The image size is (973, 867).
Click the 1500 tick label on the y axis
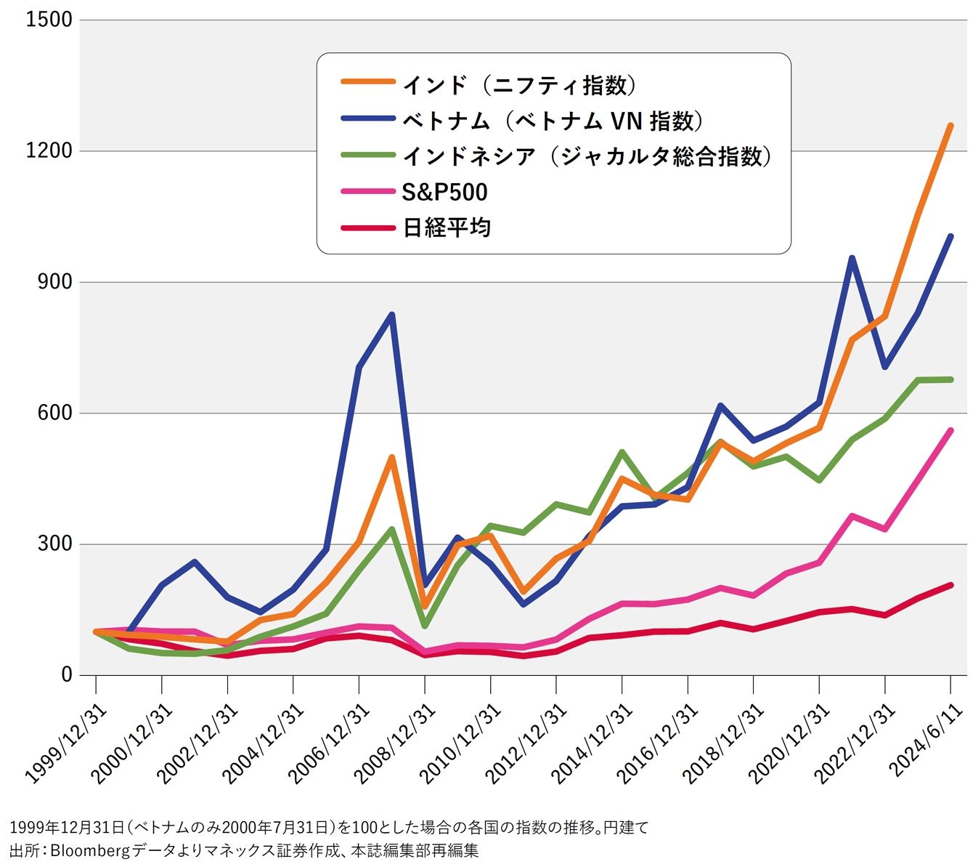(x=49, y=20)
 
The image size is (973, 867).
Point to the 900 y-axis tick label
(x=54, y=282)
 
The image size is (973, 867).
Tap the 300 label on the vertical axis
(x=54, y=544)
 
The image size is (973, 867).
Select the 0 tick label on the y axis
(x=67, y=674)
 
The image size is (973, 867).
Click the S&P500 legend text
(x=444, y=193)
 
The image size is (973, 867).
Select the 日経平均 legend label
(x=447, y=227)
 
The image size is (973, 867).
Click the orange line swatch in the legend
(x=368, y=81)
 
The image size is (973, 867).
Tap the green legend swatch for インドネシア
(x=368, y=155)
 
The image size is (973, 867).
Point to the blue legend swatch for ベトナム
(x=368, y=118)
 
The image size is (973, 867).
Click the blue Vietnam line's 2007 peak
(x=392, y=315)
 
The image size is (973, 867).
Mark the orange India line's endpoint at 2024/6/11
(x=950, y=126)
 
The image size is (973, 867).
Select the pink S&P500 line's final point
(x=950, y=430)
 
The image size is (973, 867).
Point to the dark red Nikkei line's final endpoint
(x=950, y=585)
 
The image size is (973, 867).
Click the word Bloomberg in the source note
(x=90, y=851)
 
